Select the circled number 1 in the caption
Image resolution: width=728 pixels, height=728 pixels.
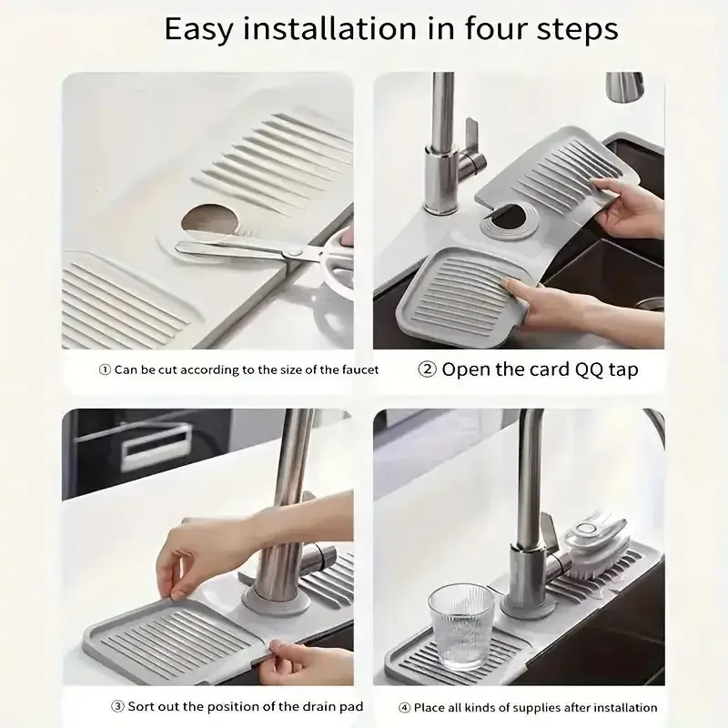(105, 370)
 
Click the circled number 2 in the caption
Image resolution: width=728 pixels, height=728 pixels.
(427, 369)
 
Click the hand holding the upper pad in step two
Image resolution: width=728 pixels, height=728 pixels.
(628, 206)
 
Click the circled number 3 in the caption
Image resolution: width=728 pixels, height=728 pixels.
(117, 707)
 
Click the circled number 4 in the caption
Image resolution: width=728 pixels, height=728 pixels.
(404, 707)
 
